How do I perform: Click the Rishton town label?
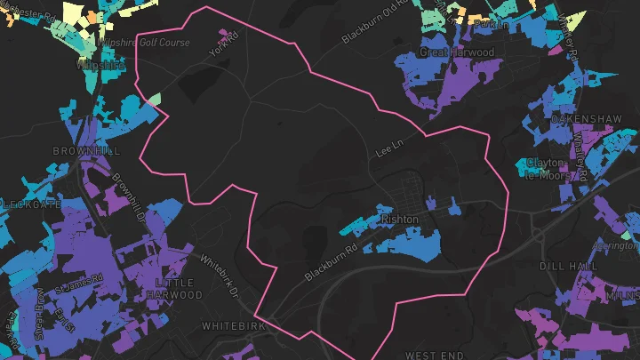399,219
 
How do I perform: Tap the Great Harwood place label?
456,52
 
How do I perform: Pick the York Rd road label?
224,42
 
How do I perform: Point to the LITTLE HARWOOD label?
172,289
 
